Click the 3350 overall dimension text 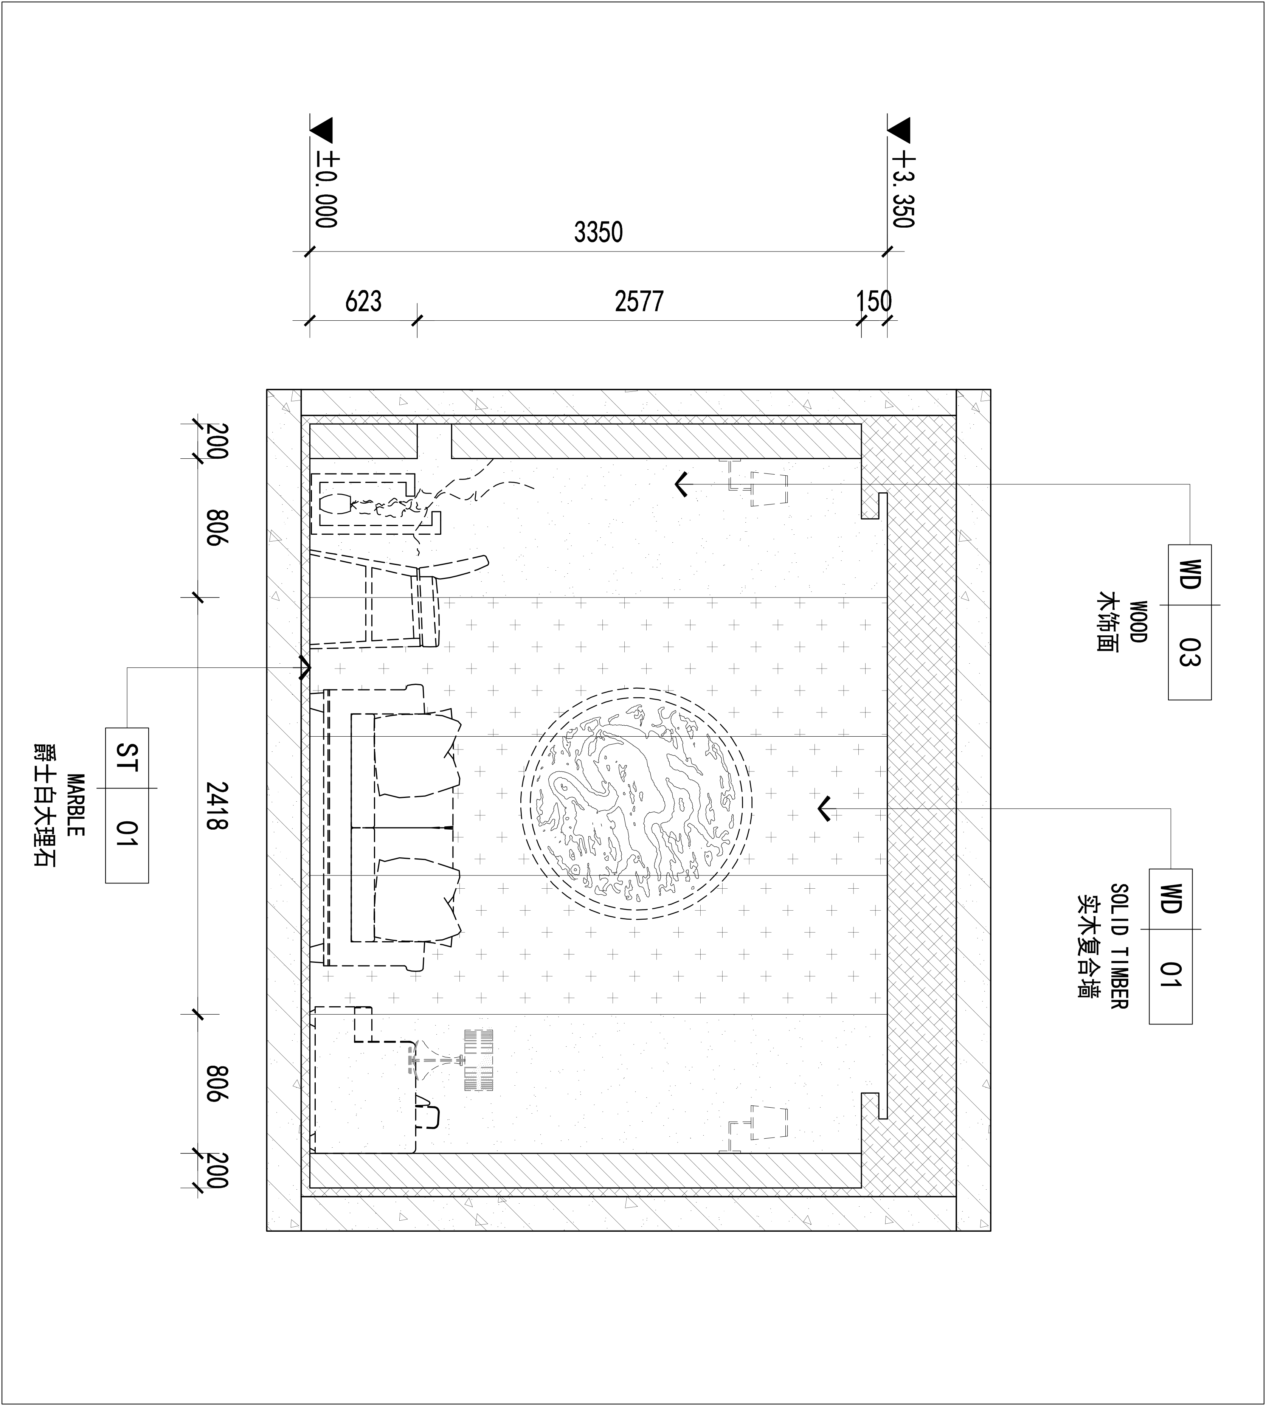[598, 232]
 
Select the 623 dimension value [363, 302]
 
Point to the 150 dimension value [873, 302]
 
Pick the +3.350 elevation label [903, 189]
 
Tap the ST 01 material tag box [127, 805]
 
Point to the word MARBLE [75, 805]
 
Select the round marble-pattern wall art [636, 804]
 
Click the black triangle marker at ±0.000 [323, 129]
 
